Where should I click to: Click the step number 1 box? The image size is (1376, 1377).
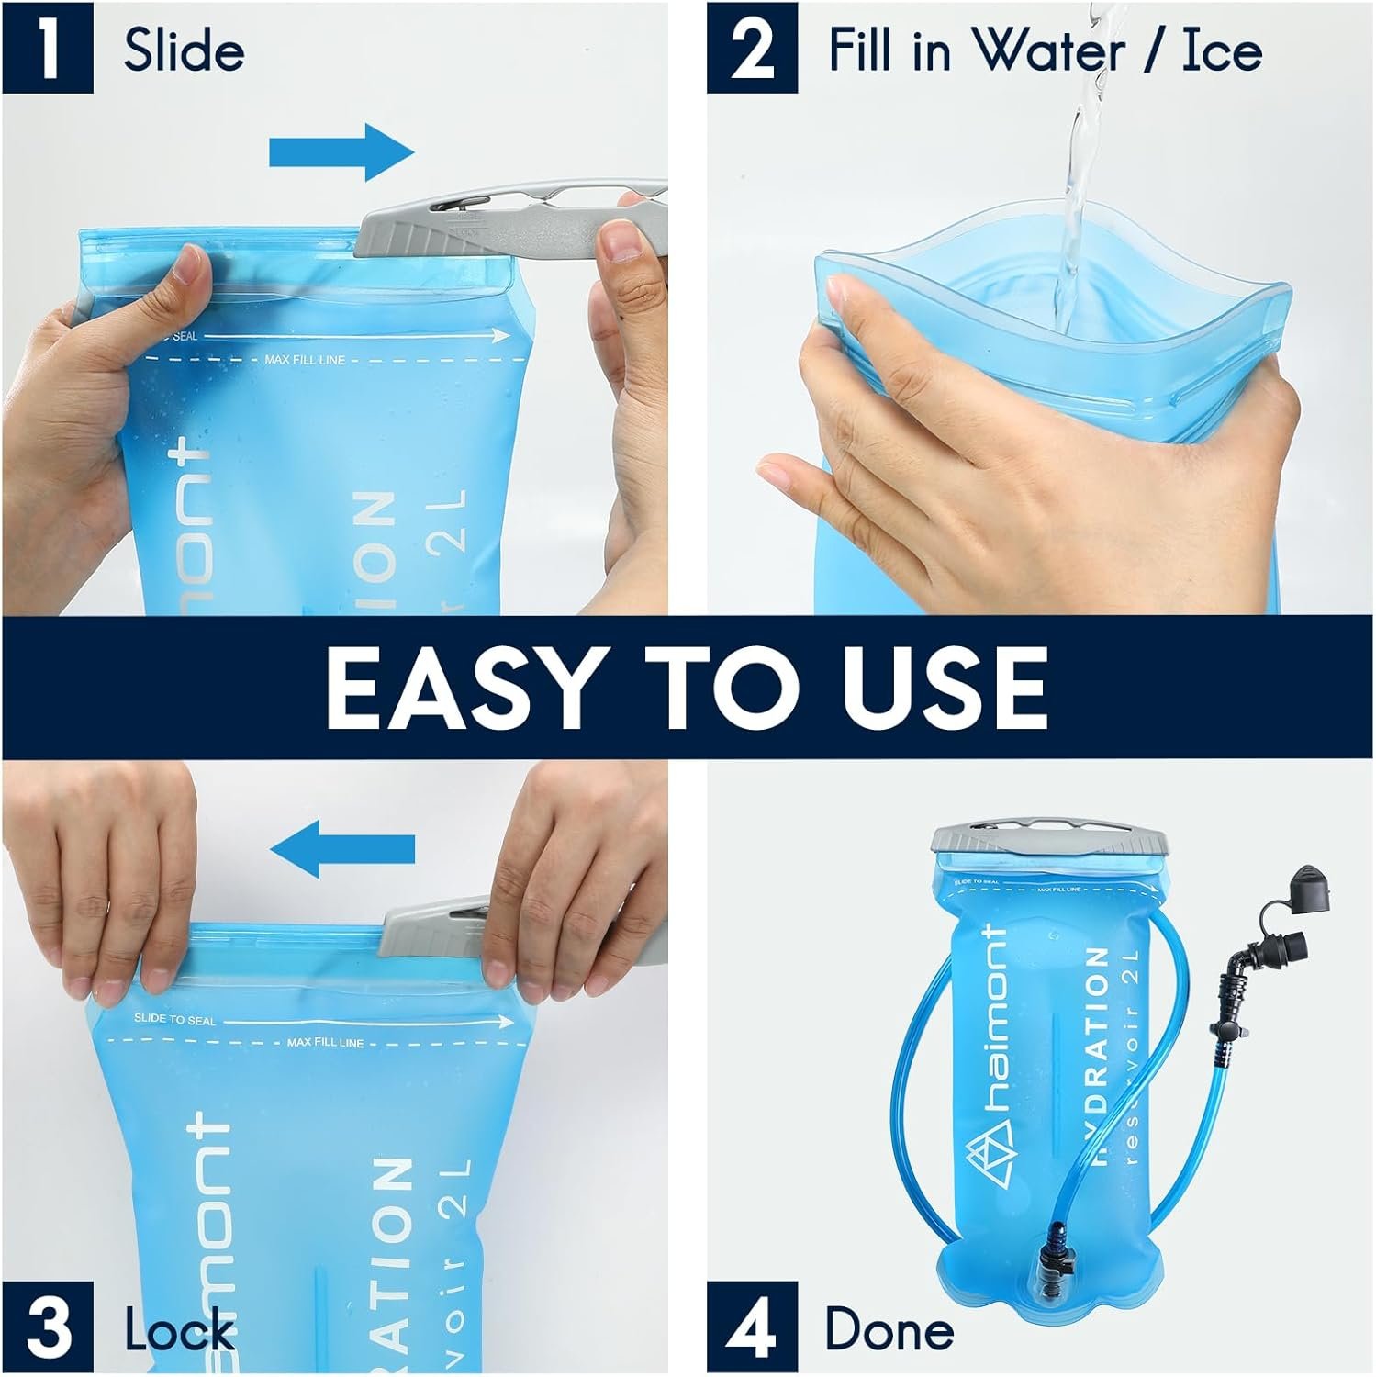point(47,49)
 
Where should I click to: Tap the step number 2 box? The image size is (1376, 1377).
point(752,49)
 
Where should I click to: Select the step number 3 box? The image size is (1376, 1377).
point(47,1328)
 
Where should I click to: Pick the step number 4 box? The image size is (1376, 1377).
point(752,1328)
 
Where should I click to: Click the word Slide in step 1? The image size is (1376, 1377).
point(184,50)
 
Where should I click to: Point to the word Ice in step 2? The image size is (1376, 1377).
point(1221,50)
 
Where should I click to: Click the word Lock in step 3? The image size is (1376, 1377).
point(180,1330)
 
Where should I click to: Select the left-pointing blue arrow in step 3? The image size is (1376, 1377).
point(341,849)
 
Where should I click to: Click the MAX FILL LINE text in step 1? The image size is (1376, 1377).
point(305,360)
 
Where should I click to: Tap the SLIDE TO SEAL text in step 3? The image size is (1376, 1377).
point(174,1020)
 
